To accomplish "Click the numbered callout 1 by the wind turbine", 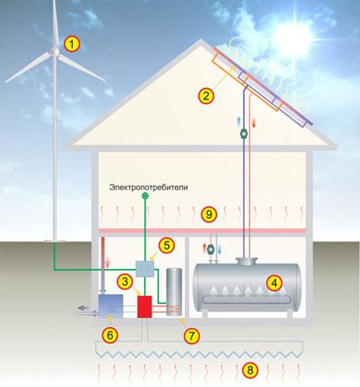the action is coord(72,44).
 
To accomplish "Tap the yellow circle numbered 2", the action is coord(206,96).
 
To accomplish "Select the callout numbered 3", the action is coord(125,281).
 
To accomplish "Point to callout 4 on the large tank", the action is coord(275,283).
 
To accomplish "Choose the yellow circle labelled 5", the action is coord(167,245).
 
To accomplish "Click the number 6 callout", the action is coord(110,336).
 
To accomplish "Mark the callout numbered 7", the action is coord(191,336).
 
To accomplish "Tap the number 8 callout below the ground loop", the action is coord(250,370).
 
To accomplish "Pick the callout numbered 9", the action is coord(209,214).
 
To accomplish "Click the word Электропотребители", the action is coord(149,188).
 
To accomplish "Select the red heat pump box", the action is coord(145,306).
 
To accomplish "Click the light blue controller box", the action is coord(145,268).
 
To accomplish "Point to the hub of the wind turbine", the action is coord(55,51).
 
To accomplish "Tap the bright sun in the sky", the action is coord(294,37).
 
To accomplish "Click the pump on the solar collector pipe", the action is coord(244,134).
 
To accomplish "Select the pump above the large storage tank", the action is coord(210,249).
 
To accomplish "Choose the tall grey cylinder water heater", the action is coord(174,292).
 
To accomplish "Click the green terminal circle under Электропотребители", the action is coord(145,195).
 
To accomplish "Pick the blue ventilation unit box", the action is coord(111,306).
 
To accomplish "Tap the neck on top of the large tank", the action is coord(247,261).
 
